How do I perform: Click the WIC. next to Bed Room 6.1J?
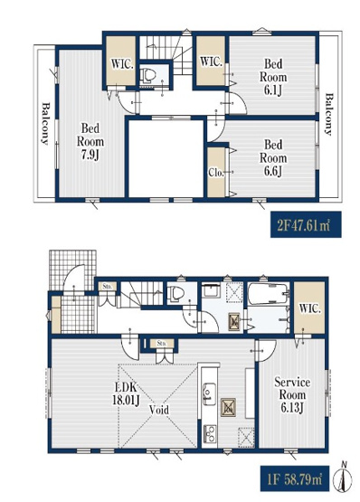211,62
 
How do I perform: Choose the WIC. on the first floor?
308,308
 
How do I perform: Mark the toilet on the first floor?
178,295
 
